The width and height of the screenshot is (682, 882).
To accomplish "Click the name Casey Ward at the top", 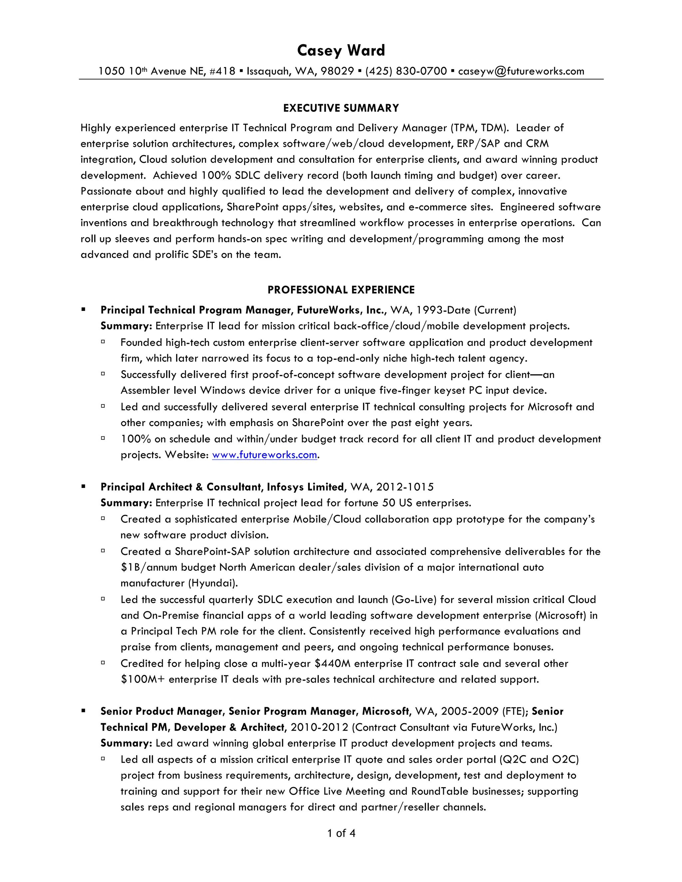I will [341, 51].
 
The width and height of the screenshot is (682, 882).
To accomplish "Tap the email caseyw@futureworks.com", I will [521, 72].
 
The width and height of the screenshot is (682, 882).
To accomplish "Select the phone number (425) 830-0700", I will [406, 72].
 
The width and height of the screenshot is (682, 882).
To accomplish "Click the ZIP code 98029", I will [337, 72].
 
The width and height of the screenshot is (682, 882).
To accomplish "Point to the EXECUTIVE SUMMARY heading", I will [341, 108].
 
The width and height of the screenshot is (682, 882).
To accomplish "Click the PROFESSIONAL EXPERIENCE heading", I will [341, 290].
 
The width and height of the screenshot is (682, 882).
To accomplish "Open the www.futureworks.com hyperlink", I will [264, 455].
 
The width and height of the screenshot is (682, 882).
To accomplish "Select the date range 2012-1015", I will [405, 487].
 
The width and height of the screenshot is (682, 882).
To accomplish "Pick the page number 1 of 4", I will [341, 833].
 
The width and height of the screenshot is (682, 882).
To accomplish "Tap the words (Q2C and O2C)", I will [539, 760].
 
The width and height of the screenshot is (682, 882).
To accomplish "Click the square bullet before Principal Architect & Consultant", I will [83, 487].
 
